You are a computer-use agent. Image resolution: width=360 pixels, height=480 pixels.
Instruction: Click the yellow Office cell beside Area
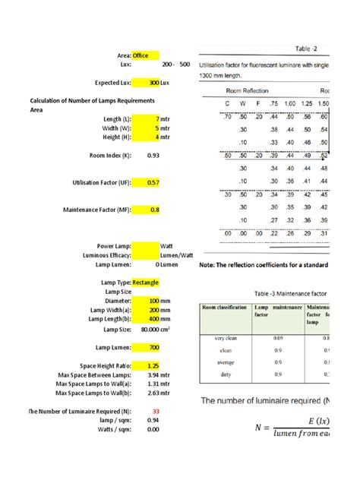click(x=145, y=55)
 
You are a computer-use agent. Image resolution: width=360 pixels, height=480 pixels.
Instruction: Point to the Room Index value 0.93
click(x=153, y=156)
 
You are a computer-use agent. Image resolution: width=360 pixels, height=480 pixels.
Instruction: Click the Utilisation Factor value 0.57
click(x=153, y=183)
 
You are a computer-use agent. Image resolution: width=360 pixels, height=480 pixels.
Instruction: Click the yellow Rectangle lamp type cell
click(x=145, y=283)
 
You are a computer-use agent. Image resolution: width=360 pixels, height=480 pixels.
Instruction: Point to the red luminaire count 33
click(x=155, y=411)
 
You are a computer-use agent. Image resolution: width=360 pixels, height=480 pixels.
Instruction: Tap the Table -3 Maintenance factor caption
click(x=291, y=293)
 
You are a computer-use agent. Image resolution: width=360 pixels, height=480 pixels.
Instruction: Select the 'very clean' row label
click(x=226, y=338)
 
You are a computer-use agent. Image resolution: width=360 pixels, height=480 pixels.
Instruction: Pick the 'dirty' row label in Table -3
click(x=226, y=374)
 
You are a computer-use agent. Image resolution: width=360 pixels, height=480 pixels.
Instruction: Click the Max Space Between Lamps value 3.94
click(x=152, y=374)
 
